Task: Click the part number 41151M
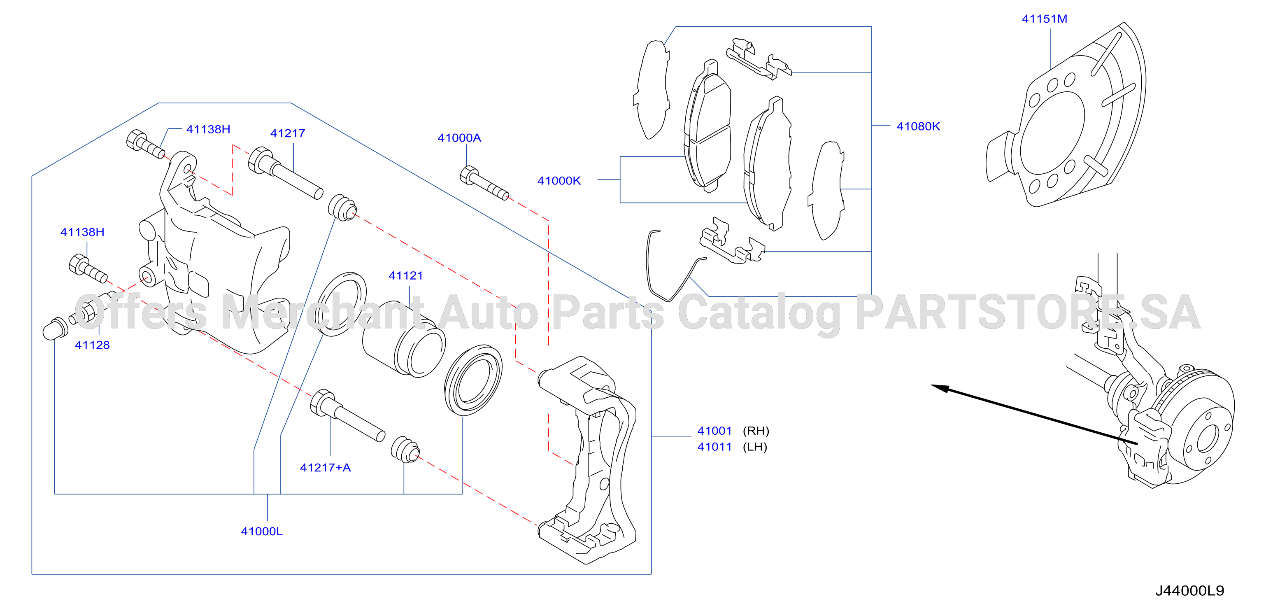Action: point(1044,19)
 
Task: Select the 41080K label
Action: point(918,126)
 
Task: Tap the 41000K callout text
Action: point(559,180)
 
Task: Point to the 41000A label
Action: point(459,138)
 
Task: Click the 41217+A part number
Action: point(325,467)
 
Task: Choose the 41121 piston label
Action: point(406,275)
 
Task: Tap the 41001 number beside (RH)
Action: point(714,431)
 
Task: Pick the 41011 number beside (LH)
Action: point(714,446)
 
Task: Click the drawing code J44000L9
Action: point(1189,590)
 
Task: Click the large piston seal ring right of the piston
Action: point(473,380)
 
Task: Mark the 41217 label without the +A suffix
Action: point(288,133)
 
